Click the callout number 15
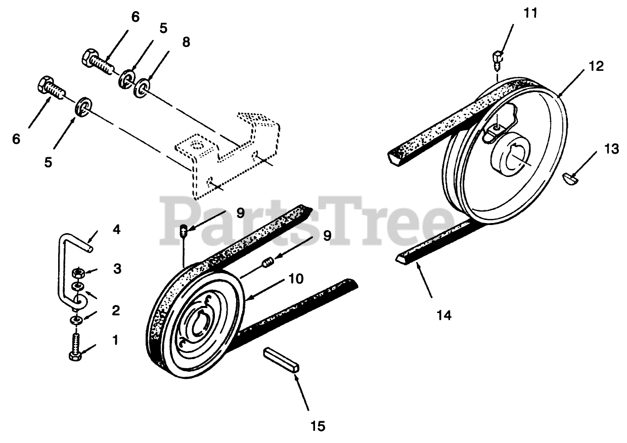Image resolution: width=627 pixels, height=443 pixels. coord(318,426)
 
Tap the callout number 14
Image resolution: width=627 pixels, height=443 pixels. coord(443,315)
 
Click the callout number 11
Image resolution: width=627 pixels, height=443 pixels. coord(530,13)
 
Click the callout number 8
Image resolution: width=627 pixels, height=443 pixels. coord(186,42)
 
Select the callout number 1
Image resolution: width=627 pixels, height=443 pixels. coord(115,340)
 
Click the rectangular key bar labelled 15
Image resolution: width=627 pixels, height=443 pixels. coord(282,360)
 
